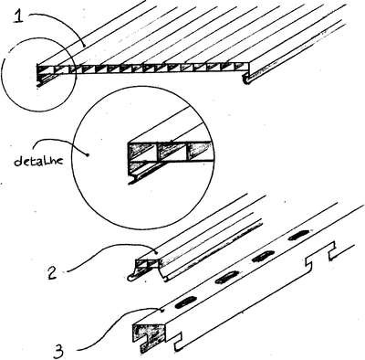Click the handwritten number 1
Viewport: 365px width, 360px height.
point(19,15)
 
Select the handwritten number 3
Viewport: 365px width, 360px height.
point(57,351)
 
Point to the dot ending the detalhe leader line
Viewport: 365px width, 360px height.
point(88,154)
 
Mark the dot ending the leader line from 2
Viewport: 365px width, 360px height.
point(156,252)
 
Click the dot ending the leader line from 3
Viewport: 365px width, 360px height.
point(163,311)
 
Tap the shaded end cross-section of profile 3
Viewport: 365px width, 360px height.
point(149,335)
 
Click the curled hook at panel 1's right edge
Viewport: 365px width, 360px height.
point(247,79)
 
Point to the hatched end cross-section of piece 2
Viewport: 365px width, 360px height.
point(147,263)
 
